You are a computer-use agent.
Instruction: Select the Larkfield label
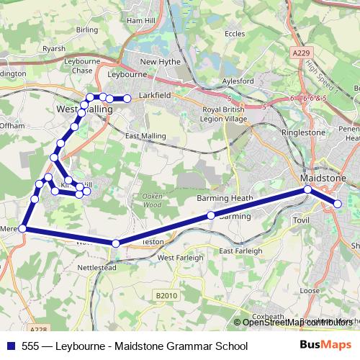point(155,94)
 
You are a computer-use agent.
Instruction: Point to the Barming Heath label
point(223,197)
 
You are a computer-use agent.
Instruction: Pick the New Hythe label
point(158,62)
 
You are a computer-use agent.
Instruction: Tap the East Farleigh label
point(241,251)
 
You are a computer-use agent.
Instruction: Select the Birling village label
point(86,30)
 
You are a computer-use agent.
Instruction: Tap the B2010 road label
point(166,295)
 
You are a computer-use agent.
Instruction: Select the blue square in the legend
point(10,346)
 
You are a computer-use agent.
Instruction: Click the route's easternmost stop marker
point(338,205)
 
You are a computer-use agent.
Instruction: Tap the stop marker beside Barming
point(211,215)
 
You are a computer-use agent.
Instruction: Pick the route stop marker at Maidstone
point(307,189)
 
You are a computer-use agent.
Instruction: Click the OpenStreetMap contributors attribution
point(297,322)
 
